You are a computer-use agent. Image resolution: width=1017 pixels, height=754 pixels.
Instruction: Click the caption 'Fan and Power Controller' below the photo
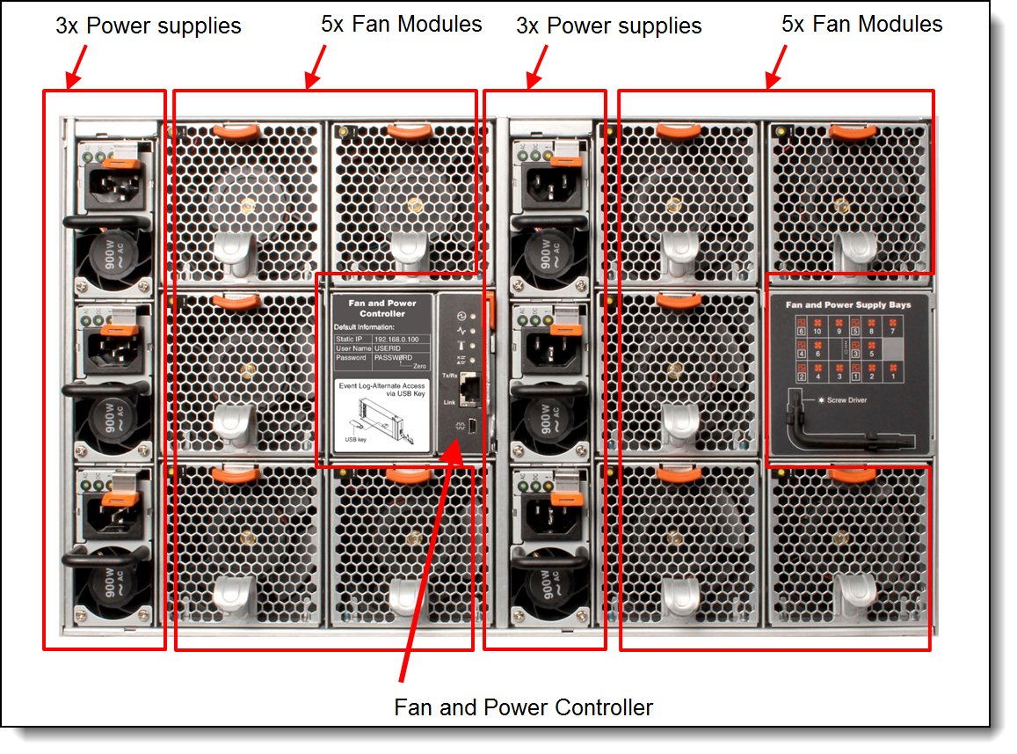(523, 706)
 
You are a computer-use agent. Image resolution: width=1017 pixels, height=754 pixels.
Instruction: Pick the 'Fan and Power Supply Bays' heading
(847, 304)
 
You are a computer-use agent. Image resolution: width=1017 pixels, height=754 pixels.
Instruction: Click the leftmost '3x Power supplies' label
(148, 26)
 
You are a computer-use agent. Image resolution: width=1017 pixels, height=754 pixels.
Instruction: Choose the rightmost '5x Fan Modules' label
(861, 24)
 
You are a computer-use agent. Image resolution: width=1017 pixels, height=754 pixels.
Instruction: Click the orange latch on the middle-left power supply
(116, 329)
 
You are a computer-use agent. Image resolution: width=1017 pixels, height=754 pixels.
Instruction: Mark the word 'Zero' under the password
(419, 365)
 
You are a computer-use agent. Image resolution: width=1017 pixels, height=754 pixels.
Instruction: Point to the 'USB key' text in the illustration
(356, 439)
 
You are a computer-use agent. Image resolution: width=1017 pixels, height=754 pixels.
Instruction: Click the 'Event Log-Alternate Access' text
(383, 385)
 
